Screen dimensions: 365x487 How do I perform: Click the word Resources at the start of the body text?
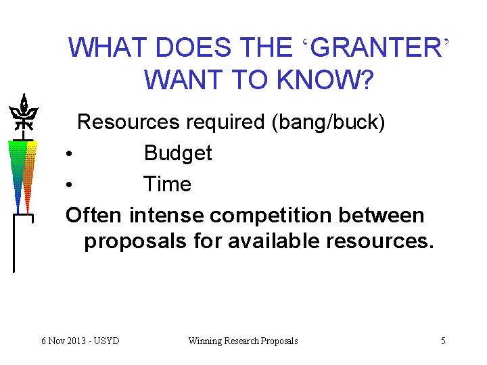click(128, 122)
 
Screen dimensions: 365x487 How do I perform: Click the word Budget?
click(178, 153)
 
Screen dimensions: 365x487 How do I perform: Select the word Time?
click(167, 185)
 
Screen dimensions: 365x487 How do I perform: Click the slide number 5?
click(443, 341)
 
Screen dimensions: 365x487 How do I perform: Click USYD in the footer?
click(107, 341)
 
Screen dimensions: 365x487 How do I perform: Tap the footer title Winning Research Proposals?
click(243, 341)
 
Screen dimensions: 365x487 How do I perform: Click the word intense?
click(166, 216)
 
